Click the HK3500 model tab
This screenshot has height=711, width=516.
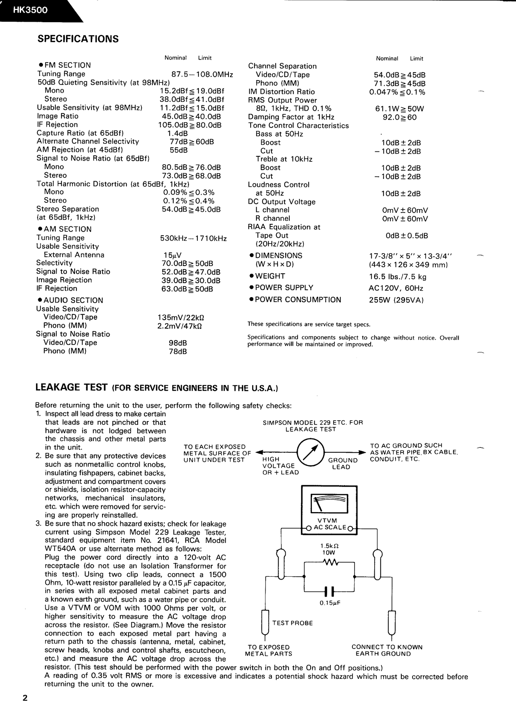30,10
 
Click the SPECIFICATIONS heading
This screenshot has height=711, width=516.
78,39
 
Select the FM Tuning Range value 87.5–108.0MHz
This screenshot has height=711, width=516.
202,74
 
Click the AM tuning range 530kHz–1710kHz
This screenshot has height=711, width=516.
194,238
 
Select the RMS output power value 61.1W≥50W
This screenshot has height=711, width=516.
399,109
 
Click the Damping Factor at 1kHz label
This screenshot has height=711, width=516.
291,117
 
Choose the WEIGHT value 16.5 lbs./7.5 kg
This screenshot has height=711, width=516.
397,277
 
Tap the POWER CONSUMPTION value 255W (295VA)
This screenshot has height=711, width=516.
396,300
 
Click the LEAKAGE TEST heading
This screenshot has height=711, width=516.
71,387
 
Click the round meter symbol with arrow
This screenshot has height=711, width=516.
310,453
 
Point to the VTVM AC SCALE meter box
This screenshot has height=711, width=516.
329,510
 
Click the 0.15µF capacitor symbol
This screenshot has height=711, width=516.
329,591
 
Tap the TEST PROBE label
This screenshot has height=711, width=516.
292,623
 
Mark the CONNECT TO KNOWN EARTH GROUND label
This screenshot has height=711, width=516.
387,650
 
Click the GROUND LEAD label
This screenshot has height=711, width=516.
342,464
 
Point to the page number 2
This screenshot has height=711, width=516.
25,698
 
